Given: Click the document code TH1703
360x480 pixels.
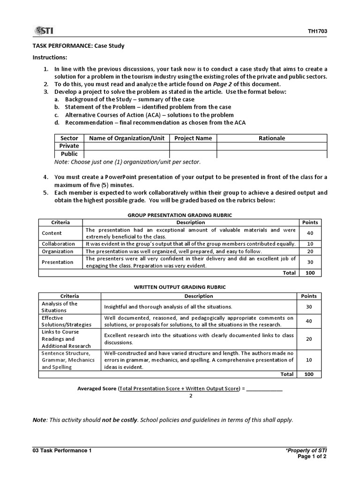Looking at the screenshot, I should pyautogui.click(x=317, y=32).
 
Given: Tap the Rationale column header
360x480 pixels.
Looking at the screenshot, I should pyautogui.click(x=272, y=138).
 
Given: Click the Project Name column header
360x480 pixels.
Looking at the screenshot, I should pyautogui.click(x=193, y=138).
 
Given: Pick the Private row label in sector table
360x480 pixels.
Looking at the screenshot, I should pyautogui.click(x=69, y=146).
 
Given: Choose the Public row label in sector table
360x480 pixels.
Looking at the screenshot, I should pyautogui.click(x=69, y=154).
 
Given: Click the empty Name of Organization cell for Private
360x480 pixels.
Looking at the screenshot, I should pyautogui.click(x=127, y=146).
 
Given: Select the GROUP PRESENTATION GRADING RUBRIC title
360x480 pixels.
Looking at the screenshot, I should pyautogui.click(x=180, y=215).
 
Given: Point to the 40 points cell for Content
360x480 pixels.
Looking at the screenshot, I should pyautogui.click(x=310, y=233).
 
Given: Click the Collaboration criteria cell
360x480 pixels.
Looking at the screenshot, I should pyautogui.click(x=58, y=244).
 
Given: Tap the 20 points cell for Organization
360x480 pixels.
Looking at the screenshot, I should pyautogui.click(x=310, y=251).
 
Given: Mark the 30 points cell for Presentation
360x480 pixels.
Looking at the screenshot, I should pyautogui.click(x=310, y=262).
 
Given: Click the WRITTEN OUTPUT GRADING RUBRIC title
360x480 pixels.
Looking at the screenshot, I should pyautogui.click(x=180, y=287).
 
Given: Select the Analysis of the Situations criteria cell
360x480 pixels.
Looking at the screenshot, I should pyautogui.click(x=60, y=307).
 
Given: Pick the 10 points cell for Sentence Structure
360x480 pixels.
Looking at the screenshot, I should pyautogui.click(x=309, y=360).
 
